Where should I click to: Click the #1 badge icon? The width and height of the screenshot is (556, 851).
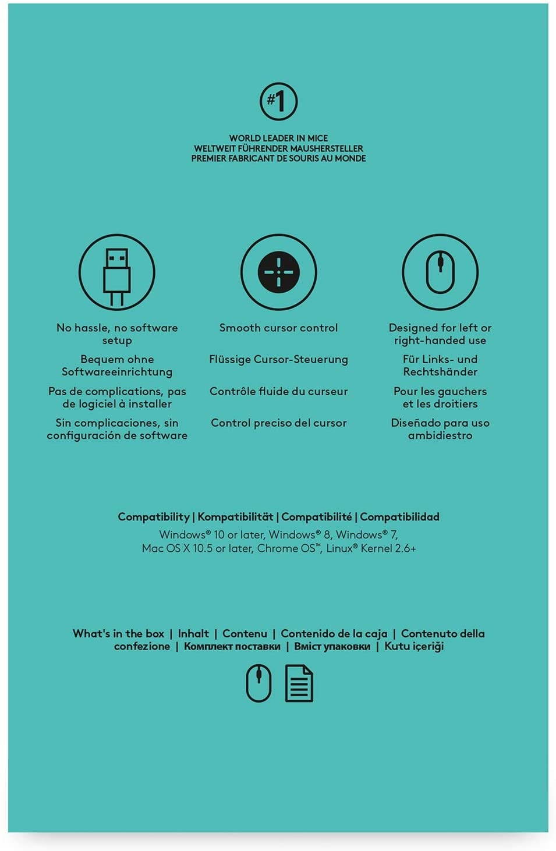tap(278, 101)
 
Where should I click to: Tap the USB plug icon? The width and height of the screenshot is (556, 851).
tap(116, 272)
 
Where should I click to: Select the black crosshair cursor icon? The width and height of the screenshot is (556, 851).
tap(278, 272)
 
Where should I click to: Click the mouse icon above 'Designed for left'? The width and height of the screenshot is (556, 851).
tap(440, 272)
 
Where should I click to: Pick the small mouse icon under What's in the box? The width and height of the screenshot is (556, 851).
tap(258, 683)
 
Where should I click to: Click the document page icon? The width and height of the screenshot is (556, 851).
tap(299, 683)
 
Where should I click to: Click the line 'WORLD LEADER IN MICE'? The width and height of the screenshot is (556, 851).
tap(278, 138)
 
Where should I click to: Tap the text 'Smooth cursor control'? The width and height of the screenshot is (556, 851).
tap(278, 328)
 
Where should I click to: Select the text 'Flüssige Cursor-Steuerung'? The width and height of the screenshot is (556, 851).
tap(278, 359)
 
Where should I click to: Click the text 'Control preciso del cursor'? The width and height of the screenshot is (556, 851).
tap(278, 423)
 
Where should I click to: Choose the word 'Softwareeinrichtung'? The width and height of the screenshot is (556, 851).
tap(117, 372)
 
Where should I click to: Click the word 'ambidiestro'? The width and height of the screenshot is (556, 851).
tap(440, 435)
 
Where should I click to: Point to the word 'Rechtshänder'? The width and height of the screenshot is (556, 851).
tap(440, 372)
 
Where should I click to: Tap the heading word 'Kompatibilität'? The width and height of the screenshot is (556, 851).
tap(235, 517)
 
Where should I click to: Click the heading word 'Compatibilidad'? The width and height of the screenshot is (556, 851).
tap(399, 517)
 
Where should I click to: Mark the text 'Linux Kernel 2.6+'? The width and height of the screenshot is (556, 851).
tap(371, 548)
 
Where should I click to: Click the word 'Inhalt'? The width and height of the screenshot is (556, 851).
tap(193, 633)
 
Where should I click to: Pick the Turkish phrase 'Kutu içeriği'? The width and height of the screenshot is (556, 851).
tap(414, 646)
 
